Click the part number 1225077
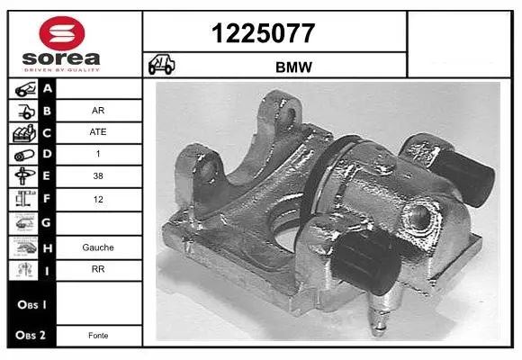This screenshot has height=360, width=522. click(263, 33)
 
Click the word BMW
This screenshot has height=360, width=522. click(293, 67)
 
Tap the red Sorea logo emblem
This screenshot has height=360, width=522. click(62, 33)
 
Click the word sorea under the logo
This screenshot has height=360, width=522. click(61, 58)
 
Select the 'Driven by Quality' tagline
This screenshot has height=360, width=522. click(62, 70)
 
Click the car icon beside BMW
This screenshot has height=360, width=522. click(161, 64)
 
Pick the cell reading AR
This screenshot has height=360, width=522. click(98, 110)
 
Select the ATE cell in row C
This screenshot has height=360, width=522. click(98, 132)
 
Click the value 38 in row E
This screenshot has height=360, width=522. click(98, 175)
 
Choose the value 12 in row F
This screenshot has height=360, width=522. click(98, 200)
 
